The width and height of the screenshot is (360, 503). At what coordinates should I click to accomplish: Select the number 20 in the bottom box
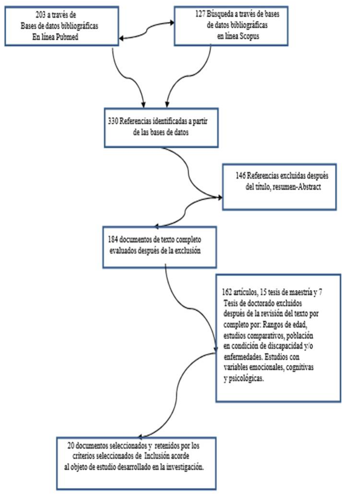click(72, 445)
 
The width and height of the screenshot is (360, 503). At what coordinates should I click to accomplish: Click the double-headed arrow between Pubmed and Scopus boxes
click(146, 29)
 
